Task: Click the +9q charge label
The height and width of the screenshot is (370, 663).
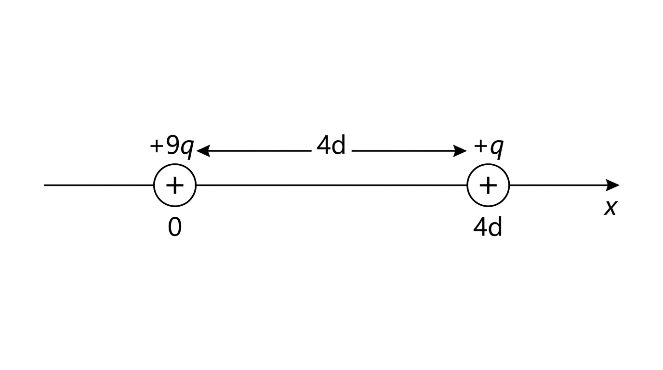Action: click(172, 147)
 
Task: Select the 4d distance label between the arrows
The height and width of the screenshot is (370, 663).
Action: click(331, 145)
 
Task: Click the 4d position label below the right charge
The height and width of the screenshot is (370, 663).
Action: click(488, 227)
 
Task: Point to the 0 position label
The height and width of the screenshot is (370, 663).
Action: click(174, 227)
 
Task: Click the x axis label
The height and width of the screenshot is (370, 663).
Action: click(611, 208)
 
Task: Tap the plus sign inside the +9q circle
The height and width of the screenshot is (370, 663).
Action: click(175, 185)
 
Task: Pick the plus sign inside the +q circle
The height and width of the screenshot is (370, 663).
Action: click(488, 185)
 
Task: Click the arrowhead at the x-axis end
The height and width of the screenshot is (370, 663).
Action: click(612, 185)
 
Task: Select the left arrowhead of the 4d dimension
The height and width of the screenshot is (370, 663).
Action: click(203, 151)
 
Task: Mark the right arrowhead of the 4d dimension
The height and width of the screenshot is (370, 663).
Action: click(460, 151)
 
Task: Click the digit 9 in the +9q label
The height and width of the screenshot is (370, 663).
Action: click(172, 145)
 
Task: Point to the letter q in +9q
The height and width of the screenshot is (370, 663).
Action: click(187, 149)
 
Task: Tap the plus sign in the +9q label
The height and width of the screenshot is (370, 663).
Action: click(157, 146)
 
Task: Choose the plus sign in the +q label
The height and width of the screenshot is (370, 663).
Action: click(480, 146)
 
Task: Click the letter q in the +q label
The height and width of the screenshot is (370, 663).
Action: click(497, 149)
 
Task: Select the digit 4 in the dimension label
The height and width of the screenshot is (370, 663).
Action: click(323, 145)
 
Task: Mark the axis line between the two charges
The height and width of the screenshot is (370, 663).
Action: click(331, 185)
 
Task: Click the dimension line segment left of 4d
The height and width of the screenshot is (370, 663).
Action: click(254, 151)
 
